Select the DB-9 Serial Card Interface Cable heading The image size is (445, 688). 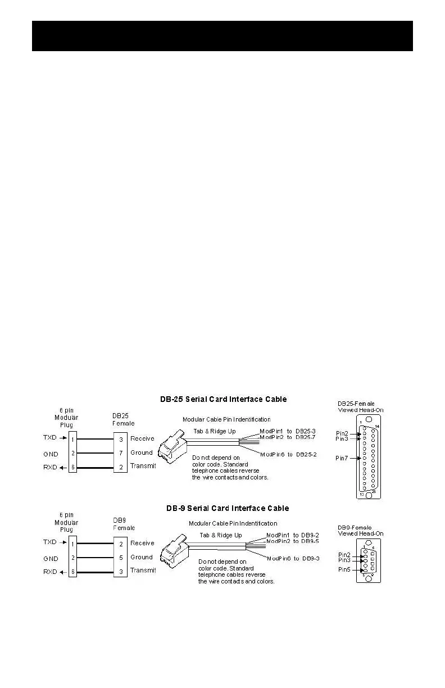(228, 508)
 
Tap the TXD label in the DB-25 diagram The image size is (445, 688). (50, 437)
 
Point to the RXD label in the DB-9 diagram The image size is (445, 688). (51, 571)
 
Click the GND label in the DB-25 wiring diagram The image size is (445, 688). (51, 452)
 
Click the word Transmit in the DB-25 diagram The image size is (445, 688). (143, 466)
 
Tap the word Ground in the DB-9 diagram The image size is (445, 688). (142, 557)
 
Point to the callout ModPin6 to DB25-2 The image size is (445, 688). (288, 454)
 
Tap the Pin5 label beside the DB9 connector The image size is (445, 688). (344, 569)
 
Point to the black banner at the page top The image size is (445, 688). (222, 36)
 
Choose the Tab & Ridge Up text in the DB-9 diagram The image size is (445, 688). (221, 535)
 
